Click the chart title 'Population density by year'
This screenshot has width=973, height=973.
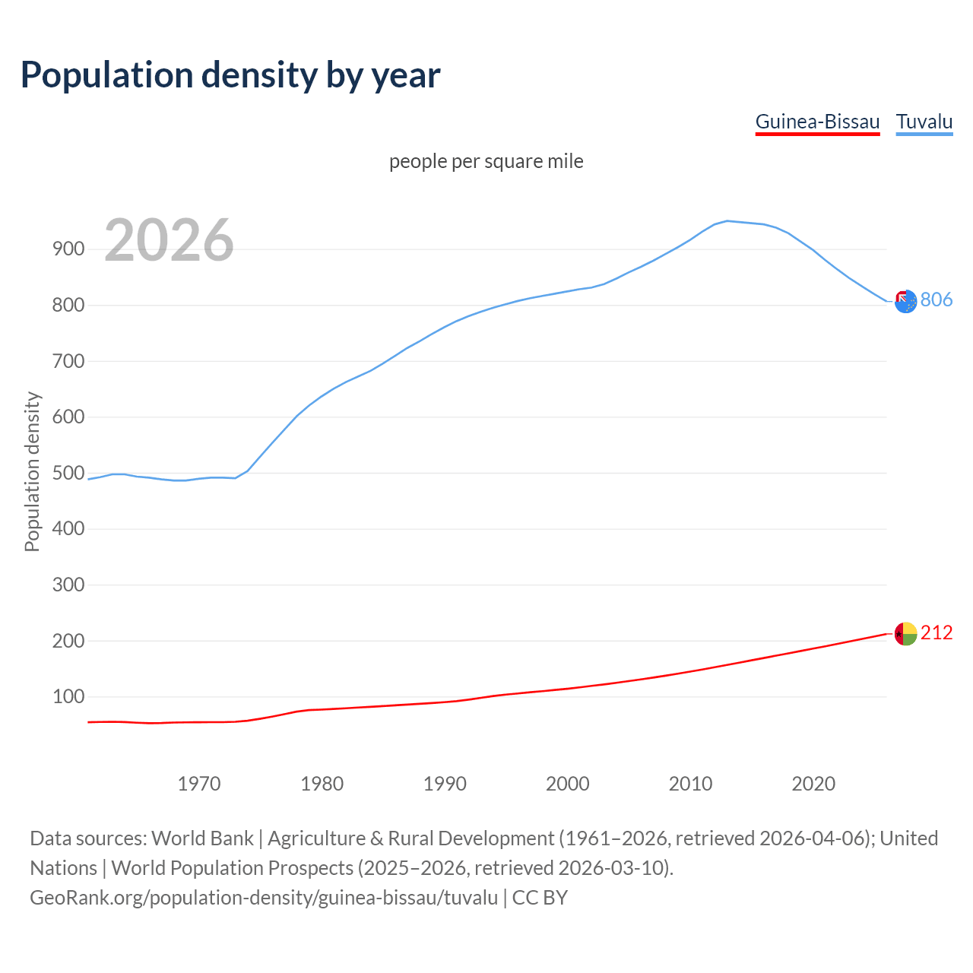(230, 74)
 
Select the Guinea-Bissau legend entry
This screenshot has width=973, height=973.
(817, 122)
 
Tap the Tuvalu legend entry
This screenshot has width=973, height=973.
(924, 122)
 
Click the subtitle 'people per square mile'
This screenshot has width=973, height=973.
(486, 161)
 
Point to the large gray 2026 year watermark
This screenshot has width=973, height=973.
(169, 240)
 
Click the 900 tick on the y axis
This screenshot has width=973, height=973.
(68, 249)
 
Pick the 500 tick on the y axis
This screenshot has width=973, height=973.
(68, 473)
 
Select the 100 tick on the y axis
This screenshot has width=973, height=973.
(68, 696)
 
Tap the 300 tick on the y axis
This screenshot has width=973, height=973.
(68, 585)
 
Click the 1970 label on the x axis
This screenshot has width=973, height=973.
(199, 784)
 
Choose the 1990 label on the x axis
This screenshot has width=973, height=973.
(445, 784)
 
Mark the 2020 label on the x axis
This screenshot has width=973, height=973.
(813, 784)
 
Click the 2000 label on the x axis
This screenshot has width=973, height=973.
(568, 784)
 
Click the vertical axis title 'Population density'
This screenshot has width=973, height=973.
(32, 471)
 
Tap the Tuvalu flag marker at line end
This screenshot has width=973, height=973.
(905, 302)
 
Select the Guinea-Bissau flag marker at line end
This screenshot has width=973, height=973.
(905, 633)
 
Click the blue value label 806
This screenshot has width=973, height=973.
(937, 300)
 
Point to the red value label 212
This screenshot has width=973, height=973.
(937, 632)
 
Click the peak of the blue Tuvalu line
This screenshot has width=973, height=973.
(727, 221)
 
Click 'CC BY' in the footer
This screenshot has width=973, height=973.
(540, 898)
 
